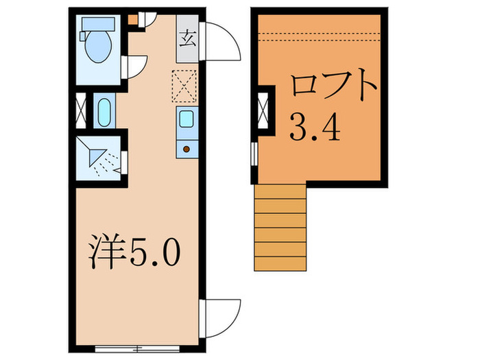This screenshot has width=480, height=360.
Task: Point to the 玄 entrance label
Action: pyautogui.click(x=187, y=37)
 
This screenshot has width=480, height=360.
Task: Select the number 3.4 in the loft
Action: pyautogui.click(x=315, y=126)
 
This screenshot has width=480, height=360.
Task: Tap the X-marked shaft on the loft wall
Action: pyautogui.click(x=263, y=109)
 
